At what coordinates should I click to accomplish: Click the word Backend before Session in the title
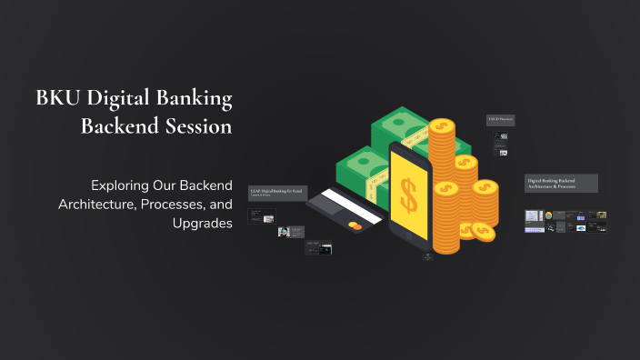(117, 127)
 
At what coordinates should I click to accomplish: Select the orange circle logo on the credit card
(355, 225)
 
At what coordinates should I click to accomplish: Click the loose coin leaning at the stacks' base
(484, 232)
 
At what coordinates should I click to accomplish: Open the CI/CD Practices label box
(501, 120)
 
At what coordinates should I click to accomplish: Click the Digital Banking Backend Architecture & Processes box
(561, 184)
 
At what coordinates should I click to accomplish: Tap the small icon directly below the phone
(427, 256)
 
